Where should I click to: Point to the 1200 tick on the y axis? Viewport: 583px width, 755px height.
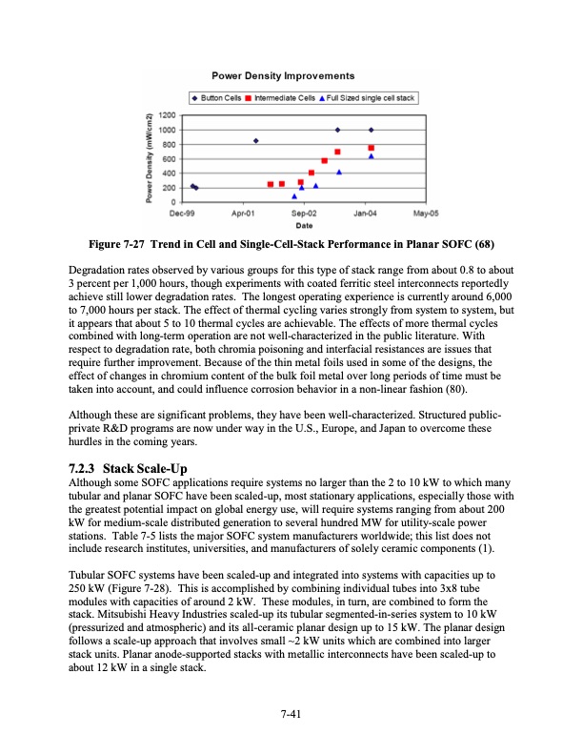pyautogui.click(x=165, y=115)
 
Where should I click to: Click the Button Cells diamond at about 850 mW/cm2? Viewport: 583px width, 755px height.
pyautogui.click(x=256, y=141)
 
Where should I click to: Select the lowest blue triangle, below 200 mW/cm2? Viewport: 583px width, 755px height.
pyautogui.click(x=294, y=196)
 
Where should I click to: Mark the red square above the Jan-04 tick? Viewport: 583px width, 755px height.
pyautogui.click(x=371, y=148)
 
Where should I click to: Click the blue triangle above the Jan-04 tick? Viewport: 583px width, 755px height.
pyautogui.click(x=371, y=156)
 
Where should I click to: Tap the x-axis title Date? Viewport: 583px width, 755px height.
pyautogui.click(x=304, y=225)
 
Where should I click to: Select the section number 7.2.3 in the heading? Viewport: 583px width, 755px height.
pyautogui.click(x=83, y=469)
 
